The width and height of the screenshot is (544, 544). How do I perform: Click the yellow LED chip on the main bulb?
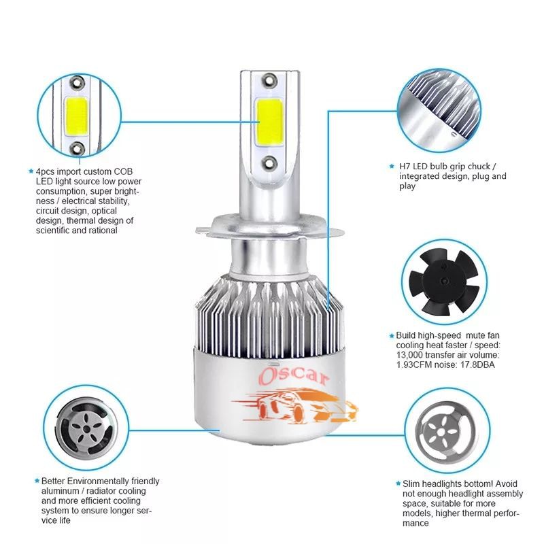tap(269, 122)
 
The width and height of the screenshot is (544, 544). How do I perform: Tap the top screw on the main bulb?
tap(269, 80)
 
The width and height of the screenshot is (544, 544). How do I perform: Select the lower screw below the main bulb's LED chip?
tap(269, 163)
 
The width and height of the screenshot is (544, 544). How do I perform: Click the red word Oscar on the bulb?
tap(294, 377)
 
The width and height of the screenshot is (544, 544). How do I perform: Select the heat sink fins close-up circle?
tap(439, 110)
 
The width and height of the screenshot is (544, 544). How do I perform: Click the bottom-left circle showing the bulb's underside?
tap(86, 428)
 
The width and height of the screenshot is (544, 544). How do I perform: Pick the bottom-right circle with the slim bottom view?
tap(447, 430)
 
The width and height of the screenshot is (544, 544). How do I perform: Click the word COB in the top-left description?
tap(123, 171)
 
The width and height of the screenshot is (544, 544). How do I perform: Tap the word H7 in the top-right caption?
tap(405, 166)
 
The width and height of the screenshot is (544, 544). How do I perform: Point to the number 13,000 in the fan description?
tap(409, 355)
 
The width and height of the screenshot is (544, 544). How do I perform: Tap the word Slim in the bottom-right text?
tap(411, 483)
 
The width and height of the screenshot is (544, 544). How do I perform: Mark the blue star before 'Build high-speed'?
tap(392, 335)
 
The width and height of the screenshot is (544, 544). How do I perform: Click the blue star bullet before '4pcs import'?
tap(31, 171)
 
